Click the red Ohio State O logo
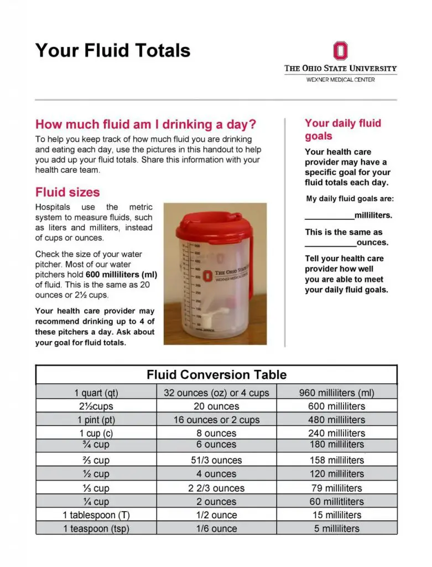click(340, 51)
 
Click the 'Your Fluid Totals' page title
click(113, 50)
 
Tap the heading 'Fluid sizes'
click(67, 193)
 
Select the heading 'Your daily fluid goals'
click(342, 130)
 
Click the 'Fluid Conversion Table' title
click(216, 375)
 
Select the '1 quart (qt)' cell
click(96, 393)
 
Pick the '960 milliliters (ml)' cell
click(336, 393)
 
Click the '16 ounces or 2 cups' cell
click(216, 420)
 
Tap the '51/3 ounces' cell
click(216, 460)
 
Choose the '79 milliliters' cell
click(336, 488)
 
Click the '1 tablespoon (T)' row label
click(96, 515)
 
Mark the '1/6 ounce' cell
click(216, 529)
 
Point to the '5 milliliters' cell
click(336, 529)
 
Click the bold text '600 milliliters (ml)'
click(122, 275)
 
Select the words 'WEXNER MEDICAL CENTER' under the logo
click(340, 80)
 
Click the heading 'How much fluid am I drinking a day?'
click(146, 124)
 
